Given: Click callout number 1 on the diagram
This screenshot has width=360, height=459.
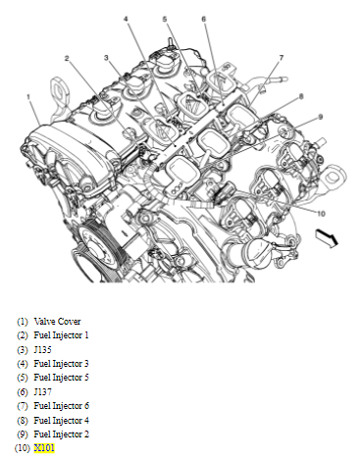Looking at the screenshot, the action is (x=28, y=97).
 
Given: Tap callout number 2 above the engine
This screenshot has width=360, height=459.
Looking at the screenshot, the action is (x=67, y=59).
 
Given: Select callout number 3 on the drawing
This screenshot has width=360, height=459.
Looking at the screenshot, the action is (x=106, y=58).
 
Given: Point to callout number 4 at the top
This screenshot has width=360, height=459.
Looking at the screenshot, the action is (x=126, y=19).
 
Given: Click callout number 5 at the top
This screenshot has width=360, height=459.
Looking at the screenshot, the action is (x=165, y=20).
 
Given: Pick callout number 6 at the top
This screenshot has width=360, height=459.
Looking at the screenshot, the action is (x=204, y=20).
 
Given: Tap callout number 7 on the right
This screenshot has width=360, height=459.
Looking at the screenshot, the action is (x=282, y=58).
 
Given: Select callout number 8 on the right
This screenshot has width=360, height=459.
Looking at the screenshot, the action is (x=301, y=96).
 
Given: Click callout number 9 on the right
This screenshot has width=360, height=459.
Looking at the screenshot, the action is (x=321, y=117).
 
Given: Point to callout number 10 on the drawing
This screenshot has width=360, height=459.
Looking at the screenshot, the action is (x=321, y=214).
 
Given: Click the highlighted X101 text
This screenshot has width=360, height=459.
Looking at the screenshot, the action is (x=44, y=448).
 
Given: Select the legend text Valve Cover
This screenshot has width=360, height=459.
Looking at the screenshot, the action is (x=57, y=322).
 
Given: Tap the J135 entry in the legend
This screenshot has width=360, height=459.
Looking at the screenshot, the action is (x=42, y=350).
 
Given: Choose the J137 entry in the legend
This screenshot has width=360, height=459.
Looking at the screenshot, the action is (x=42, y=391).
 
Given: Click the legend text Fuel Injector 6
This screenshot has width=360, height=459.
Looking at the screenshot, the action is (x=62, y=406).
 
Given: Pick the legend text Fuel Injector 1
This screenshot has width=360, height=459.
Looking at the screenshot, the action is (x=61, y=335).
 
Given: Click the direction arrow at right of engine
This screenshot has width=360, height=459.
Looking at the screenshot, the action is (x=327, y=238).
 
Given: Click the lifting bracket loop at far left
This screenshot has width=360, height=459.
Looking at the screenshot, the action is (x=59, y=92).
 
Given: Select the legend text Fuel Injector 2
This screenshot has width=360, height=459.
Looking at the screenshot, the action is (x=62, y=434).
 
